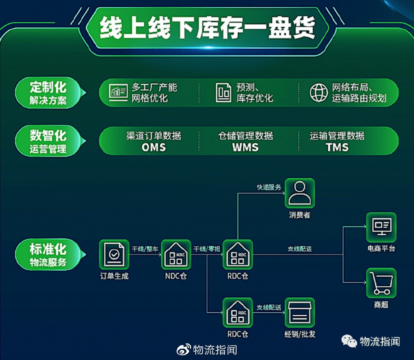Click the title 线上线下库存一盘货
207,28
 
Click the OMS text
154,147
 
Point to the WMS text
245,147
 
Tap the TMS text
337,147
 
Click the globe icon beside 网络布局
319,93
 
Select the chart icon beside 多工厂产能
118,93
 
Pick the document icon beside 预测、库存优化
223,93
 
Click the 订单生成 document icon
114,254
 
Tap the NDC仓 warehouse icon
176,254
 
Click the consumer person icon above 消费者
300,193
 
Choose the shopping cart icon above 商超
381,283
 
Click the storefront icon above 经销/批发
300,313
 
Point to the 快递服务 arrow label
269,187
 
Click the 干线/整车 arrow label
145,249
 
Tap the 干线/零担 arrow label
207,249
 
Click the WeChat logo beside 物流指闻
349,341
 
